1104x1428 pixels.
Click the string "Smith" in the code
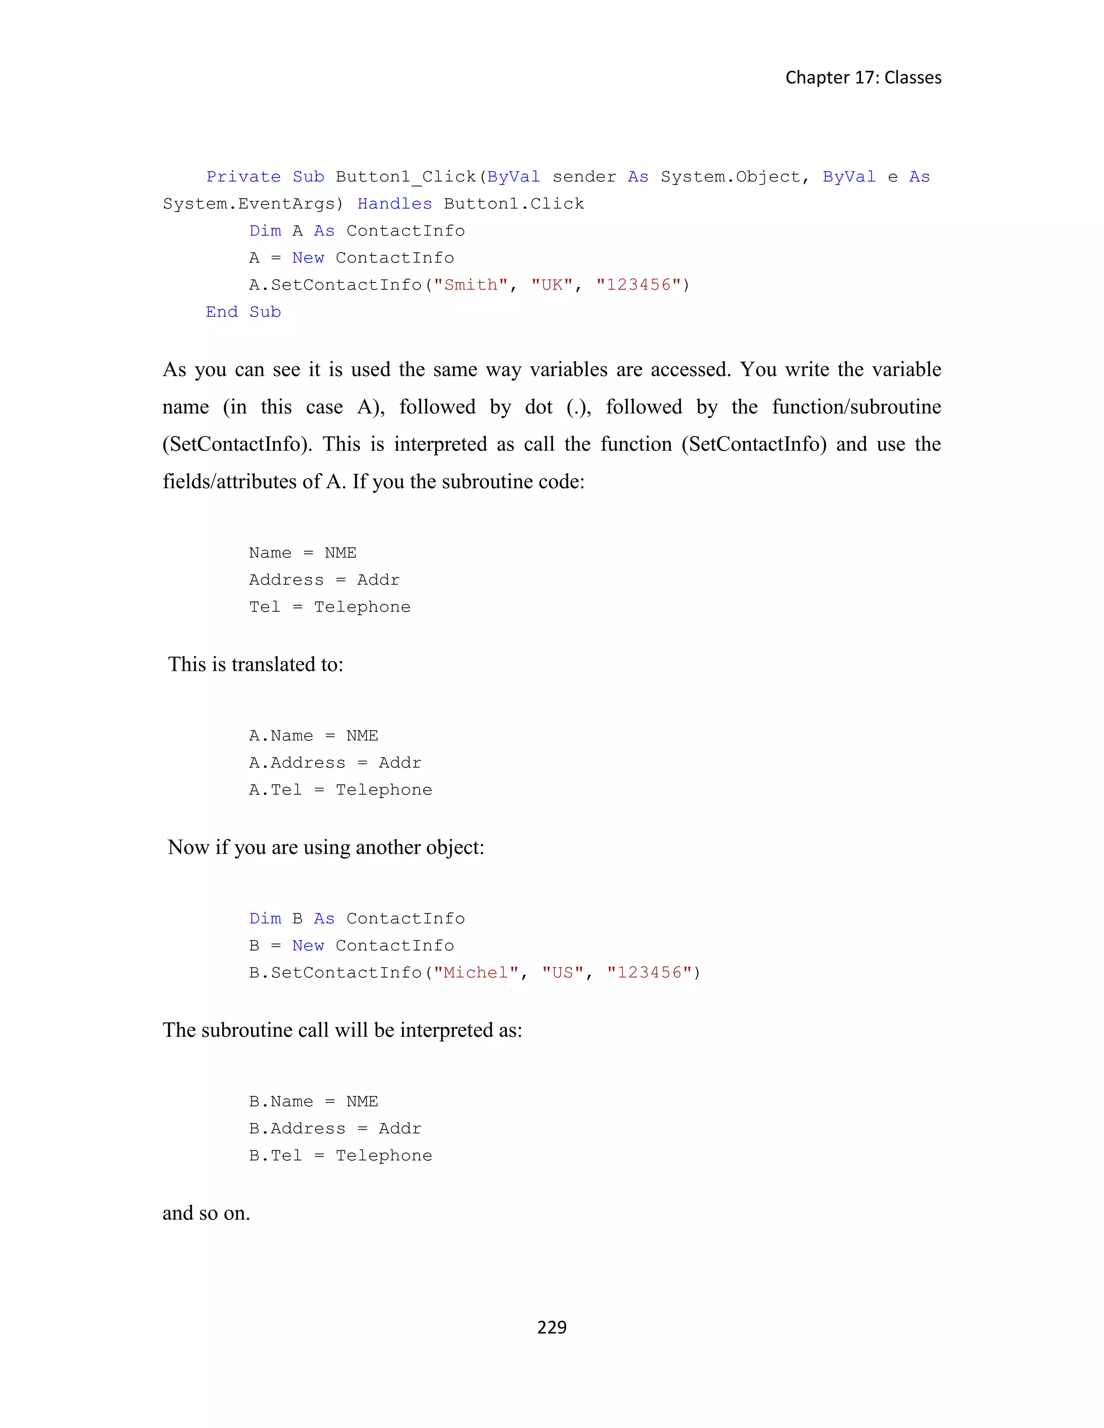point(470,285)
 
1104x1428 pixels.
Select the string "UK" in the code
point(552,285)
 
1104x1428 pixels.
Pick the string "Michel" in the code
point(475,973)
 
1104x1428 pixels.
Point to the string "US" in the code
point(562,973)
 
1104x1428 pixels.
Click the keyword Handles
point(395,204)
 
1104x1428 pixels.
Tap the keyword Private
point(243,177)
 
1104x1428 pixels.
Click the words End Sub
point(243,312)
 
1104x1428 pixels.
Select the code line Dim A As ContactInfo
point(356,231)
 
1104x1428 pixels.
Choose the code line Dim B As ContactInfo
point(356,919)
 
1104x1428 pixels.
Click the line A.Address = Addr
point(335,763)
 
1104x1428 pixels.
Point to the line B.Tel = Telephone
point(340,1156)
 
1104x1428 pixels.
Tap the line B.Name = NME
point(313,1102)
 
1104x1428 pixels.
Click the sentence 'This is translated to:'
point(256,664)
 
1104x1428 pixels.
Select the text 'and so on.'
point(206,1214)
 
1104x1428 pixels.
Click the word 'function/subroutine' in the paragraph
point(856,407)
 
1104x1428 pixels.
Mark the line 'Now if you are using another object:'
point(326,848)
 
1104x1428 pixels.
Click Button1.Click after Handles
point(513,204)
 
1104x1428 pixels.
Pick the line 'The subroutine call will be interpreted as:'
point(342,1030)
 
